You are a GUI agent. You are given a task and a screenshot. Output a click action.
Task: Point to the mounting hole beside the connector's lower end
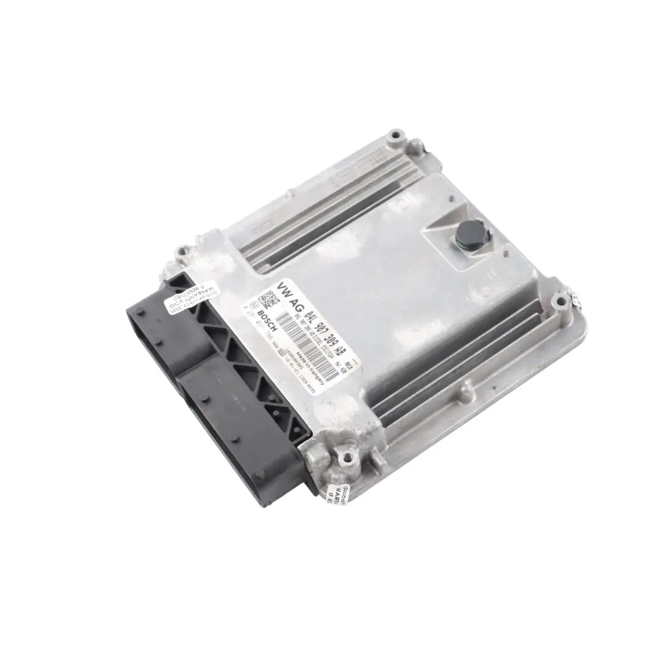point(349,457)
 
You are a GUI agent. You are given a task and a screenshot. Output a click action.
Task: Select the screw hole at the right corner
point(559,302)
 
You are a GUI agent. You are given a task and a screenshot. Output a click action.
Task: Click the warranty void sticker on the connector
point(179,300)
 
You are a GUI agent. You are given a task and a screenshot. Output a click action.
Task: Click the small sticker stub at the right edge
point(576,300)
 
